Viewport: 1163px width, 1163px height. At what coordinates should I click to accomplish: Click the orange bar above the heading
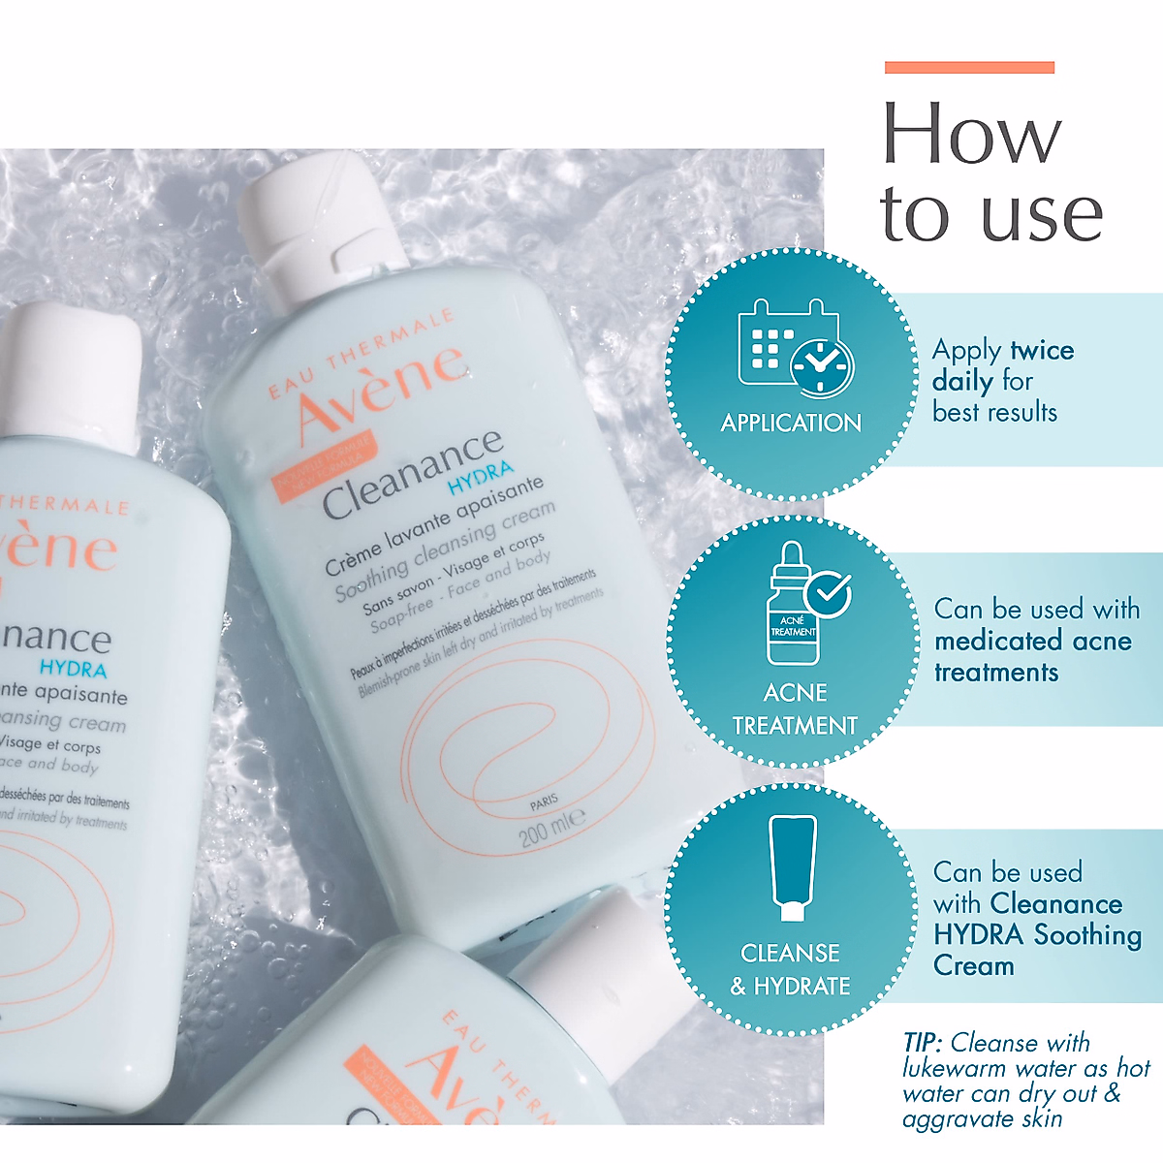pos(968,68)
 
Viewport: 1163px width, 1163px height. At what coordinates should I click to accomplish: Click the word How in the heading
pos(971,135)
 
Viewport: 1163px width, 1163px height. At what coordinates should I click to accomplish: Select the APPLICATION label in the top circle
pos(791,423)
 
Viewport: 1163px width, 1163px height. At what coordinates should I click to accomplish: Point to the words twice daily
pos(1002,365)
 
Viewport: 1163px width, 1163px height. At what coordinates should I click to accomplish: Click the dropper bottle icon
pos(795,606)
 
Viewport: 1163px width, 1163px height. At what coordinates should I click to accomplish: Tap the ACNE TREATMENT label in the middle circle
pos(795,709)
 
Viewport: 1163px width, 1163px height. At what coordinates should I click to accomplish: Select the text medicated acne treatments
pos(1031,656)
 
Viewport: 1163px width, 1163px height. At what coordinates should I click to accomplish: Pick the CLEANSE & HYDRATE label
pos(790,969)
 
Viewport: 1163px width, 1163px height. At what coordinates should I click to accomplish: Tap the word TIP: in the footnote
pos(922,1043)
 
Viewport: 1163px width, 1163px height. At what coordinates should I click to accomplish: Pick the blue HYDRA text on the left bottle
pos(73,669)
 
